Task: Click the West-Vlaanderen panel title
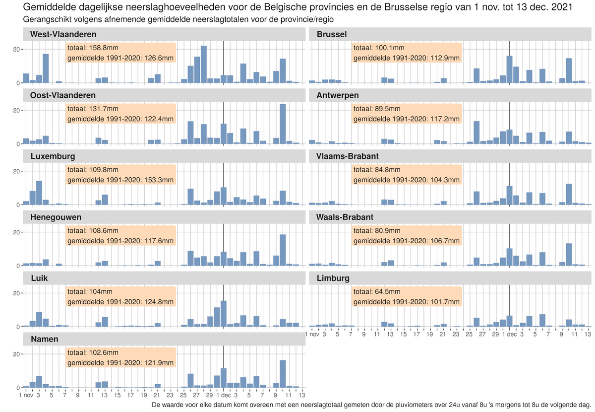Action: click(63, 34)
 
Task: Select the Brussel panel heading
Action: click(331, 34)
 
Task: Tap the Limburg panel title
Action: click(333, 278)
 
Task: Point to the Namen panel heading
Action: click(44, 339)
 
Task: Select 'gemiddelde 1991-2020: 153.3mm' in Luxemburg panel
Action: click(120, 180)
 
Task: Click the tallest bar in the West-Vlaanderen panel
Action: click(204, 65)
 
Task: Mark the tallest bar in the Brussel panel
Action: click(509, 69)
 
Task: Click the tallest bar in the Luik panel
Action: click(223, 314)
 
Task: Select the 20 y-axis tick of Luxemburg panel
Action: click(16, 171)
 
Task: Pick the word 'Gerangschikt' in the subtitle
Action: click(47, 19)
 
